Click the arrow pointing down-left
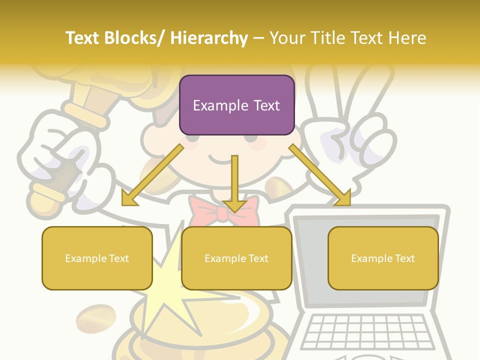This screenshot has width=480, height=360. pyautogui.click(x=152, y=175)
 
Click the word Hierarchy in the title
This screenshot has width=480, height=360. pyautogui.click(x=209, y=38)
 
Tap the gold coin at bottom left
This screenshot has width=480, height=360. pyautogui.click(x=95, y=318)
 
